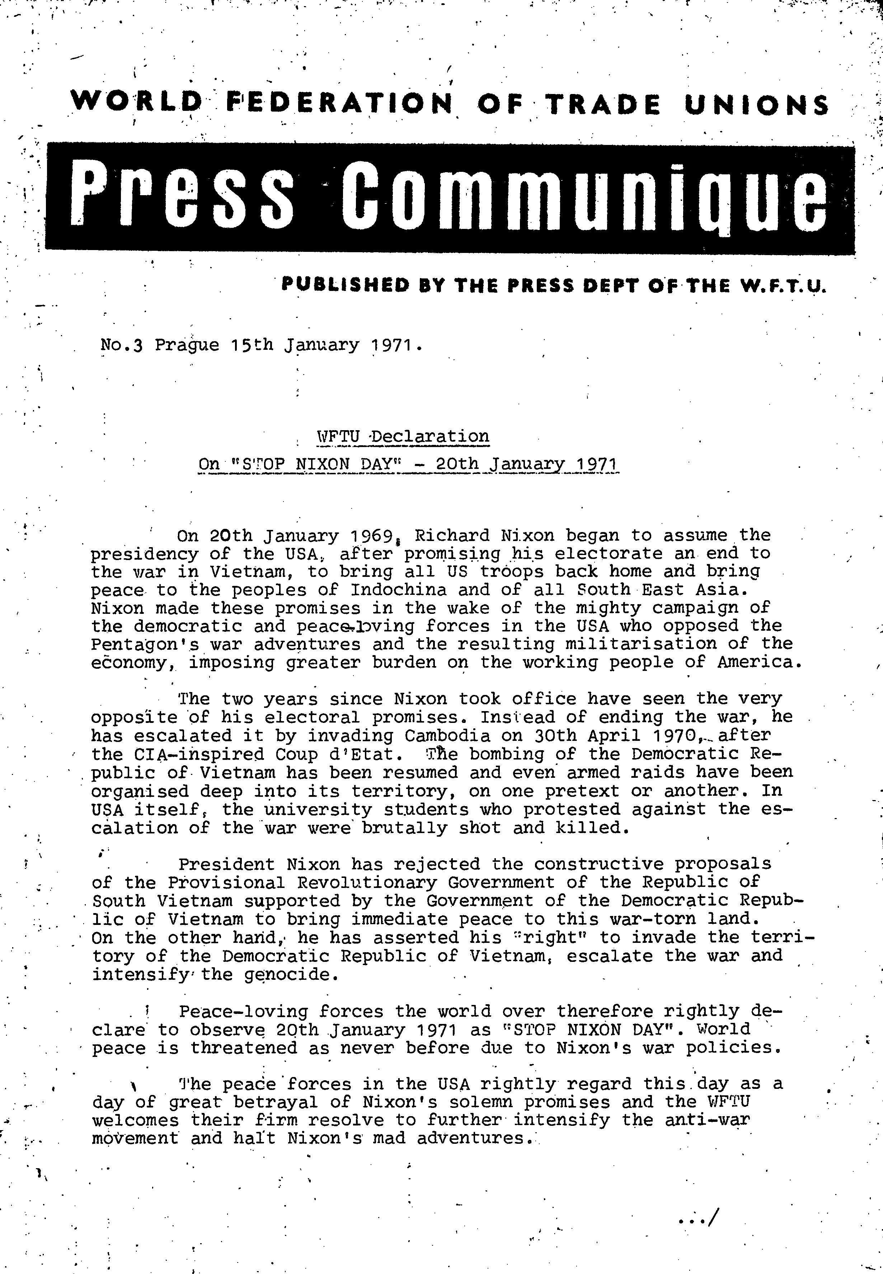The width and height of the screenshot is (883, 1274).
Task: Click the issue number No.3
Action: tap(122, 345)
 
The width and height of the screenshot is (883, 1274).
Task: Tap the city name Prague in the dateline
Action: tap(187, 345)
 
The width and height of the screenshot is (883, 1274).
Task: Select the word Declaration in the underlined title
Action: tap(430, 437)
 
